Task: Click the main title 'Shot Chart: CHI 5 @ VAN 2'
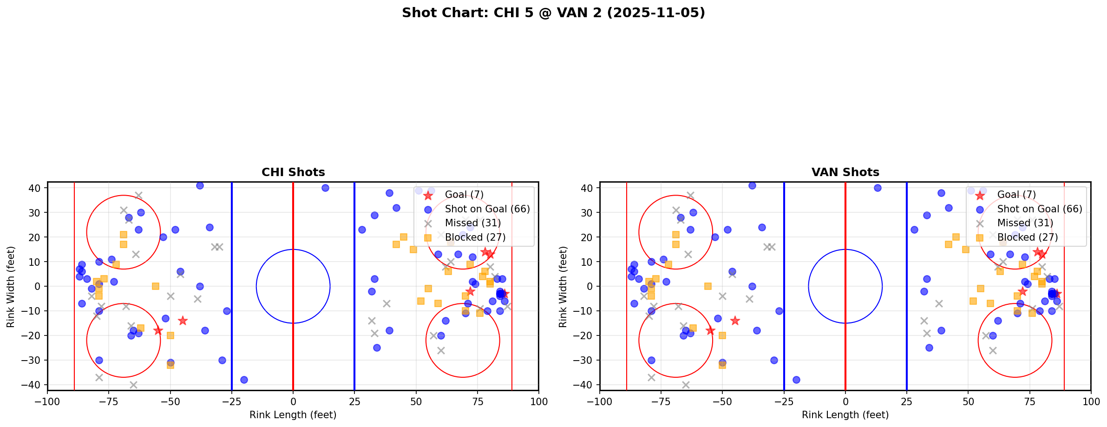(x=553, y=13)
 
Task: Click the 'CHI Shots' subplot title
(x=293, y=172)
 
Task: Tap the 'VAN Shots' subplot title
(x=845, y=172)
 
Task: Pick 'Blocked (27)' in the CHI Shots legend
(x=475, y=237)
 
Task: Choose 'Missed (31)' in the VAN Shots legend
(x=1025, y=223)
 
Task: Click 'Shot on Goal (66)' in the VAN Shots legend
(x=1040, y=209)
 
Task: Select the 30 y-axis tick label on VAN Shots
(x=588, y=212)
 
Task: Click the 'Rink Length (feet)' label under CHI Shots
(x=293, y=415)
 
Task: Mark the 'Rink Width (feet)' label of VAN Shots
(x=563, y=286)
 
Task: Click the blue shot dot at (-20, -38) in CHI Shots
(x=244, y=380)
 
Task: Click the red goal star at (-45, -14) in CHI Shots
(x=183, y=321)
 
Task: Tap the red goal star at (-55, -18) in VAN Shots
(x=710, y=330)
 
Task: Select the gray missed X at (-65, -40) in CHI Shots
(x=133, y=385)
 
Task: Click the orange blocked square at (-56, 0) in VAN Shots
(x=707, y=286)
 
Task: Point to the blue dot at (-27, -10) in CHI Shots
(x=227, y=311)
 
